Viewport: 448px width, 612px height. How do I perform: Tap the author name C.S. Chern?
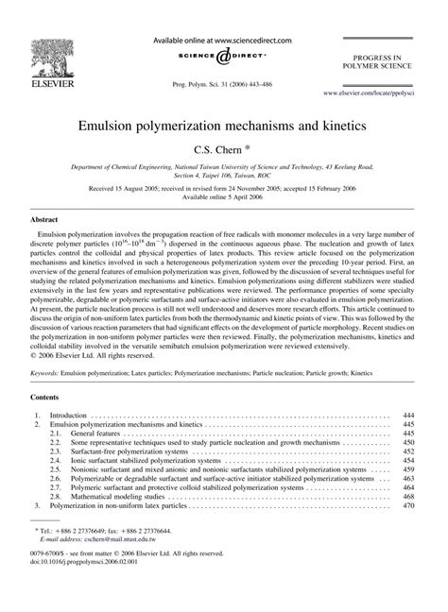pos(220,148)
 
